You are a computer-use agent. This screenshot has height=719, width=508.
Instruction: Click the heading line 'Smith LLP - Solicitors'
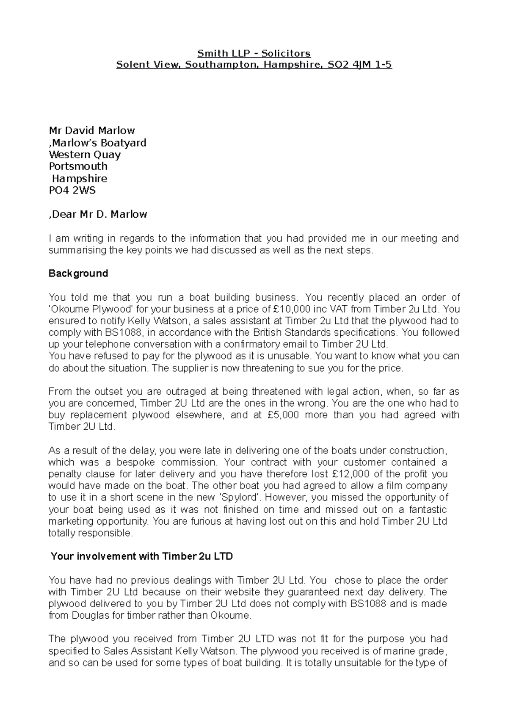[x=254, y=53]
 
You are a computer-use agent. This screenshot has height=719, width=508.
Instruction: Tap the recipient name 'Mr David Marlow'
[x=92, y=130]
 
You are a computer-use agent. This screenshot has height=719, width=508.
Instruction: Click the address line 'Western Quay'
[x=85, y=155]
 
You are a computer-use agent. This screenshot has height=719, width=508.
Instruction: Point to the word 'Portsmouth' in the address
[x=78, y=166]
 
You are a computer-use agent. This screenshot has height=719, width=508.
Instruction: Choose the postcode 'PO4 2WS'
[x=72, y=190]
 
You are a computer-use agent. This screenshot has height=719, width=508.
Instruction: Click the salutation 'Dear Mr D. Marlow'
[x=99, y=214]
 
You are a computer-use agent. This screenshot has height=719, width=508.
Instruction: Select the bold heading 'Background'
[x=78, y=274]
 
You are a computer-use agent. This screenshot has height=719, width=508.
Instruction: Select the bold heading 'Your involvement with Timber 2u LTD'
[x=142, y=556]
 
